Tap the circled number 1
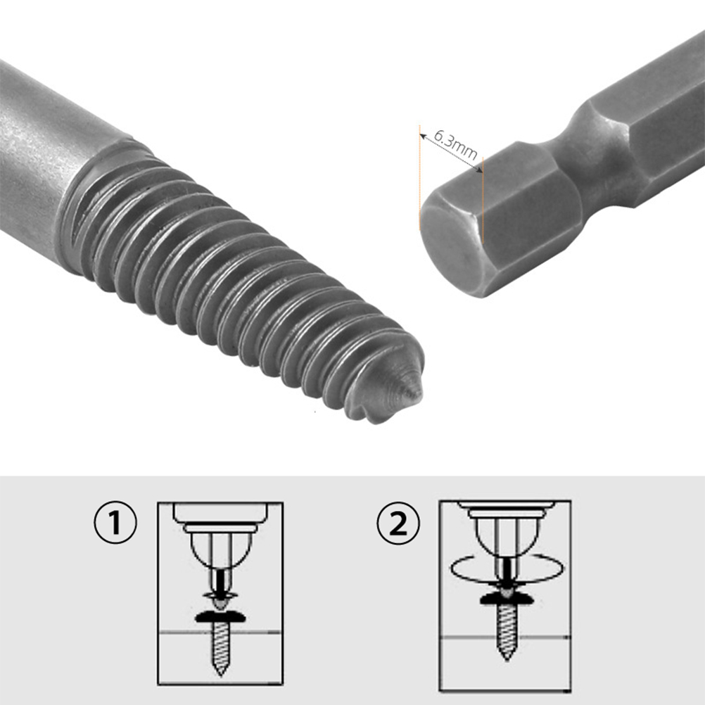[115, 523]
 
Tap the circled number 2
[398, 523]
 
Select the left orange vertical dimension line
[420, 177]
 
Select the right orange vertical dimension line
[482, 201]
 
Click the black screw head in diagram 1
[221, 617]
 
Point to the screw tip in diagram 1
[220, 673]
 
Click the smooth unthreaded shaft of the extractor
[54, 144]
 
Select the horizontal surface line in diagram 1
[220, 633]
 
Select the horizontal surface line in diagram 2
[505, 637]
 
